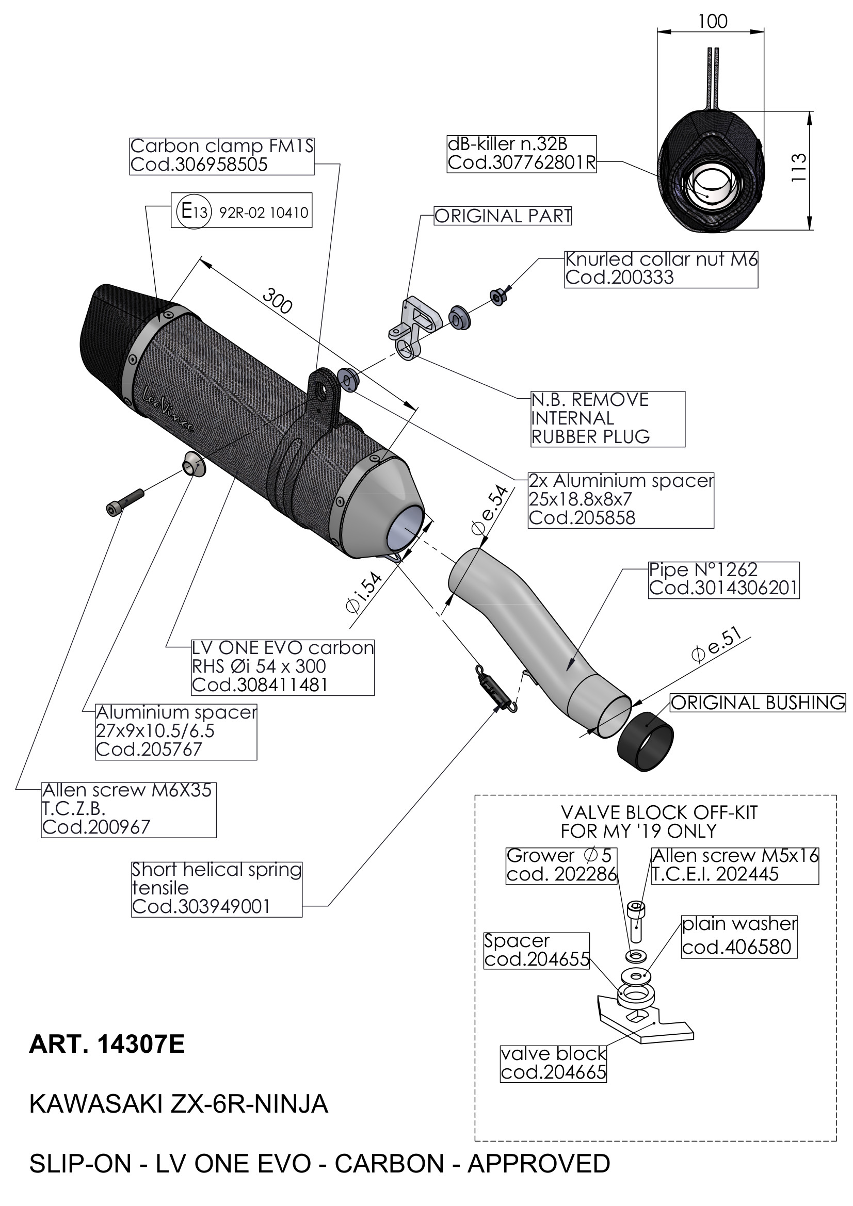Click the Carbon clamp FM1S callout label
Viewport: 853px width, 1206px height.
[x=221, y=155]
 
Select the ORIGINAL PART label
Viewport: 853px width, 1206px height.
[x=503, y=216]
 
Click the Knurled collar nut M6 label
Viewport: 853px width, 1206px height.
[x=661, y=268]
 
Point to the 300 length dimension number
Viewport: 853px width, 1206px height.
[x=277, y=300]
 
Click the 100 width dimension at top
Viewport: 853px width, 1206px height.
[x=712, y=22]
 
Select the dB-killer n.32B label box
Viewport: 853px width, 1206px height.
[x=521, y=153]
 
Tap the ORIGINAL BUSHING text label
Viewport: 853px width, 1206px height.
[x=758, y=703]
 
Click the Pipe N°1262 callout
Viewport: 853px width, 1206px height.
[x=723, y=579]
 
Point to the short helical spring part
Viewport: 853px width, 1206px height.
[x=495, y=689]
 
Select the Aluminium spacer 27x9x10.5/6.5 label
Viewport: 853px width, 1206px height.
[x=176, y=731]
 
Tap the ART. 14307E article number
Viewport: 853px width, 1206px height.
[x=107, y=1045]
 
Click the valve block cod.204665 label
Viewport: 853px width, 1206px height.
[x=553, y=1063]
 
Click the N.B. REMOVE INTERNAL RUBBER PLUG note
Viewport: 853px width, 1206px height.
[x=607, y=419]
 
